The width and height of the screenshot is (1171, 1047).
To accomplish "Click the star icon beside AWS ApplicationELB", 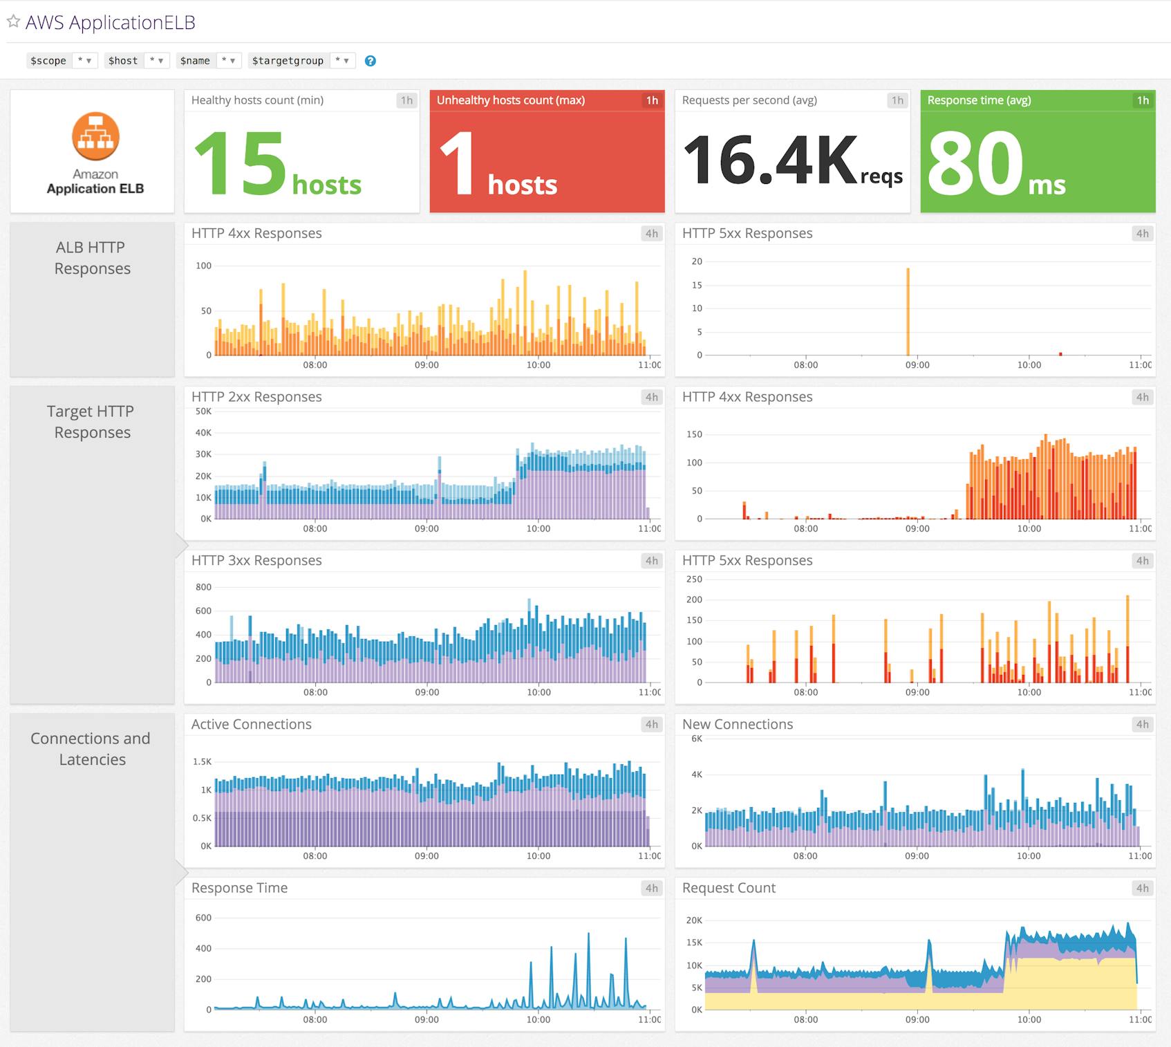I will tap(13, 21).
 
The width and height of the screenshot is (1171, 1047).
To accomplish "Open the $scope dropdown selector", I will tap(84, 61).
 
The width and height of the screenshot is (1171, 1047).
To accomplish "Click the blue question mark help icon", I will tap(371, 61).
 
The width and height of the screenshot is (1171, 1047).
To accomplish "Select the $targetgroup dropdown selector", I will tap(342, 61).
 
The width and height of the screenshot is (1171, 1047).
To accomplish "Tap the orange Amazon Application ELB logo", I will tap(95, 136).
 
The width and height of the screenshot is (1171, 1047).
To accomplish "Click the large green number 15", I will tap(240, 163).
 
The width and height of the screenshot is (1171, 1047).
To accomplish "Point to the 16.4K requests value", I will tap(771, 160).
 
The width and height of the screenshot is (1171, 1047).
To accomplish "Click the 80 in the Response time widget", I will tap(975, 163).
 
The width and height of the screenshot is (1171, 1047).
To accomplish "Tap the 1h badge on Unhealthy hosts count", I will tap(652, 100).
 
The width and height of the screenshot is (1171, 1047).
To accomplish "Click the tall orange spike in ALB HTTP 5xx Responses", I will tap(908, 311).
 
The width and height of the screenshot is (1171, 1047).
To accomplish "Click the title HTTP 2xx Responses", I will tap(256, 397).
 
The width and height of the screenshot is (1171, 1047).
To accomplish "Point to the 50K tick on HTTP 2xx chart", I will tap(203, 411).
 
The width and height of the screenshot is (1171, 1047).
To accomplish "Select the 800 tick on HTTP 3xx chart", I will tap(203, 587).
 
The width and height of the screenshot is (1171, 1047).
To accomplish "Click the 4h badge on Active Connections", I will tap(652, 724).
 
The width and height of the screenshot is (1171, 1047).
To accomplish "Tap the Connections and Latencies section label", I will tap(91, 749).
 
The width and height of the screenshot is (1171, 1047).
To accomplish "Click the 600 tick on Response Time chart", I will tap(203, 918).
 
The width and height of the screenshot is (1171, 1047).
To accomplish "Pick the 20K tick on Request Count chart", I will tap(694, 920).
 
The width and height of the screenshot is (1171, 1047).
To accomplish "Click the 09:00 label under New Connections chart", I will tap(917, 856).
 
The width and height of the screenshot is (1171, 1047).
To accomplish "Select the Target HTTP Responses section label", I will tap(91, 422).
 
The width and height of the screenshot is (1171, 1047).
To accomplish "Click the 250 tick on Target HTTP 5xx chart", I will tap(694, 580).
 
